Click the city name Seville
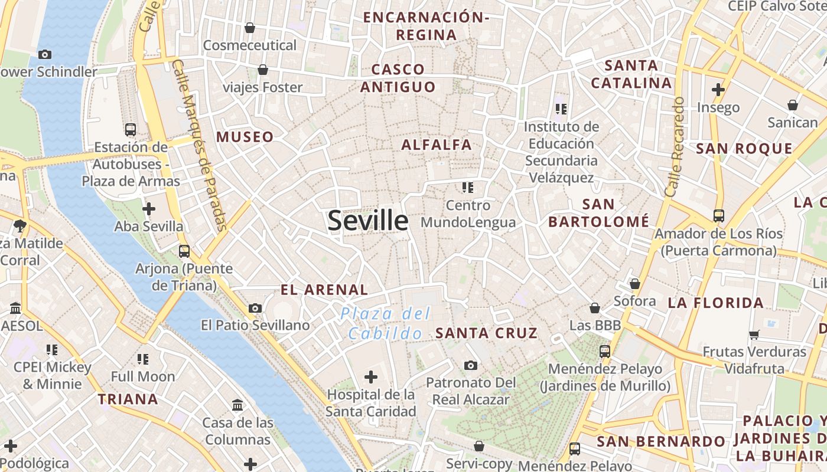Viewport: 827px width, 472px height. pos(367,221)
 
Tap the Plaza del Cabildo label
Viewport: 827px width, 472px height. pos(386,323)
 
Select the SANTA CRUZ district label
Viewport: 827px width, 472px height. pos(486,333)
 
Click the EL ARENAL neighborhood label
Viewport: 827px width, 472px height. pos(324,290)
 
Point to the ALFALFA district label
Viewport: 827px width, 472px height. pos(437,145)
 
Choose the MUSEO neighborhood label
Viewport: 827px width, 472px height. pos(245,137)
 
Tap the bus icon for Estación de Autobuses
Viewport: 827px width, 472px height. pos(131,130)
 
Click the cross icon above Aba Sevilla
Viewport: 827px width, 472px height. pos(149,208)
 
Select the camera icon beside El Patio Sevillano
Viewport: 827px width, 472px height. pos(255,308)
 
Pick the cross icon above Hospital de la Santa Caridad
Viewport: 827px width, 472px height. pos(371,376)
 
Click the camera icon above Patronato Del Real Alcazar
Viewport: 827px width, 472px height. pos(471,365)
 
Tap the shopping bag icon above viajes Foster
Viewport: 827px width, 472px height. pos(263,70)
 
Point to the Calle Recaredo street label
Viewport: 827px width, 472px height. pos(675,147)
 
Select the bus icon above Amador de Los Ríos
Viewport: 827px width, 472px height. pos(718,215)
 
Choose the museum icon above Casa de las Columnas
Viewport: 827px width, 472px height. pos(238,405)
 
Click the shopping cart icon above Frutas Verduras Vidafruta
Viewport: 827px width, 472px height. pos(754,335)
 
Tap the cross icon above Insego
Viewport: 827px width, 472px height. pos(718,90)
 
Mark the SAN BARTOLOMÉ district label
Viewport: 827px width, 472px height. pos(598,213)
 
